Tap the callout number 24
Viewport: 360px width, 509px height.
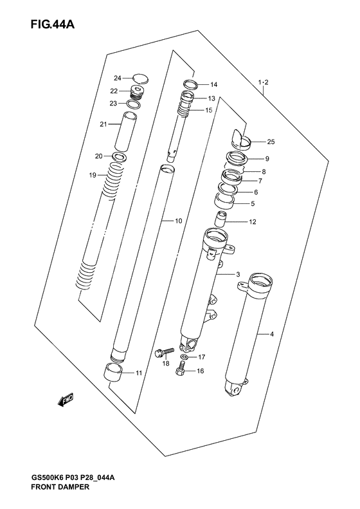tap(117, 79)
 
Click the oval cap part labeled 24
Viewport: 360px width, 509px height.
tap(139, 79)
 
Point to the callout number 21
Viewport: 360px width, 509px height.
tap(102, 125)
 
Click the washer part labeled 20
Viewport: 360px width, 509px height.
tap(119, 156)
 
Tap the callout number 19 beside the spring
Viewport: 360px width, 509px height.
tap(93, 175)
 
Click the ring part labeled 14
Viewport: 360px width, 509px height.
tap(190, 84)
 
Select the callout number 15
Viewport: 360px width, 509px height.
tap(209, 110)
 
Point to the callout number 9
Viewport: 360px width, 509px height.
tap(267, 159)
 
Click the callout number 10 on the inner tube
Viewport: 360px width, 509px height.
tap(178, 221)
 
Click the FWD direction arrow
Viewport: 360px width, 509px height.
tap(65, 401)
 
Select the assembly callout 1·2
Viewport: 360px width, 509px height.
tap(262, 82)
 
